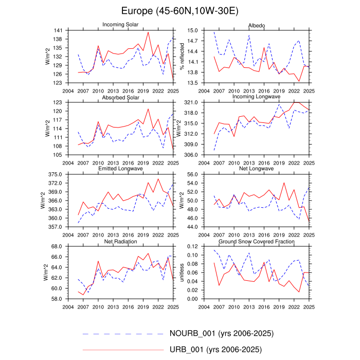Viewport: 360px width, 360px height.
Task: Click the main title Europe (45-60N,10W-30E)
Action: click(x=179, y=11)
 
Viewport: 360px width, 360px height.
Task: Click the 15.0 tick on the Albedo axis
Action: click(x=192, y=31)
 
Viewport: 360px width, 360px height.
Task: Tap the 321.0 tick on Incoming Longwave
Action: click(x=190, y=103)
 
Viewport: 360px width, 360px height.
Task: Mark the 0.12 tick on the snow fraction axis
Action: click(x=192, y=247)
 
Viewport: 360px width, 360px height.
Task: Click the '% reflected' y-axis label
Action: click(x=181, y=57)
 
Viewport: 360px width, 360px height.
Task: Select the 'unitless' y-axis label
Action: click(x=181, y=273)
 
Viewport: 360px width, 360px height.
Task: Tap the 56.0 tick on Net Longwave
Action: click(x=192, y=175)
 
